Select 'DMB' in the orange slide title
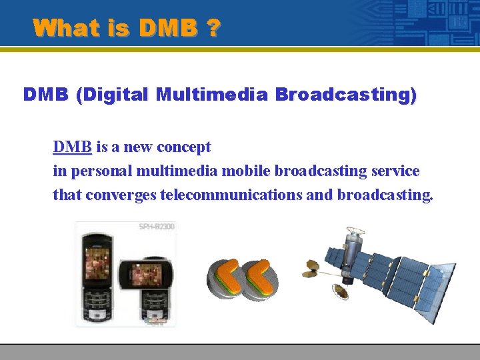coord(168,28)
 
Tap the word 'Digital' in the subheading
coord(113,95)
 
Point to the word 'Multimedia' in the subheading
coord(211,95)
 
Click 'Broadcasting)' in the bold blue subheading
coord(346,95)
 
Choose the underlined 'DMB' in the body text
coord(73,147)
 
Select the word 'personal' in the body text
coord(101,171)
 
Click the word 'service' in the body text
coord(395,171)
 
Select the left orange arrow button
coord(225,279)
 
